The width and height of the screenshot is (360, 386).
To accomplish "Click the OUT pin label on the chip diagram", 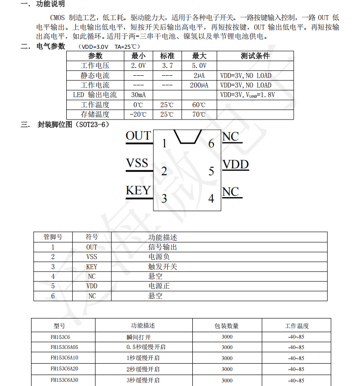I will click(x=138, y=136).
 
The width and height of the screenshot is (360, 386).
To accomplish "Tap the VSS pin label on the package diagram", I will click(x=137, y=163).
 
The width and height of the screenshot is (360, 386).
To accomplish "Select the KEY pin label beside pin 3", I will click(x=138, y=191).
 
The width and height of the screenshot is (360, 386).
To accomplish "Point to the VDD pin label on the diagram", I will click(x=235, y=164).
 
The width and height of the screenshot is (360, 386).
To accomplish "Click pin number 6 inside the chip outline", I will click(x=211, y=144).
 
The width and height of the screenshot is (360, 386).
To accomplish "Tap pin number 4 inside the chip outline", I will click(x=211, y=198).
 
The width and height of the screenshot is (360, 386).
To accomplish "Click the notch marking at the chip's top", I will click(x=188, y=136).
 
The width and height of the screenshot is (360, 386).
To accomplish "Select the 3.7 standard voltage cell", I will click(x=167, y=66).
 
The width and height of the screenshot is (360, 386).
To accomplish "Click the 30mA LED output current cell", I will click(x=138, y=95).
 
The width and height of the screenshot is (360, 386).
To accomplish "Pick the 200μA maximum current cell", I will click(x=199, y=85).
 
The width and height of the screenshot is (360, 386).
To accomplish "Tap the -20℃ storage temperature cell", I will click(x=138, y=115).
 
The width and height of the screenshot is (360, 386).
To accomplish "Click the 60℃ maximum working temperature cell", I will click(x=199, y=105).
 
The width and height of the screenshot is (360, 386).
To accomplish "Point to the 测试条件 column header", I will click(x=255, y=56).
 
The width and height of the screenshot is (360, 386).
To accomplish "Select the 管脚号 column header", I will click(x=53, y=237).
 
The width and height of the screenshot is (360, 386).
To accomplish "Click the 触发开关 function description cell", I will click(x=163, y=266).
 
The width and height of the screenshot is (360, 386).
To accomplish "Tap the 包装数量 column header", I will click(x=227, y=326).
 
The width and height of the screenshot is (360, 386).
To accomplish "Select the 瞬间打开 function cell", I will click(x=138, y=337).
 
